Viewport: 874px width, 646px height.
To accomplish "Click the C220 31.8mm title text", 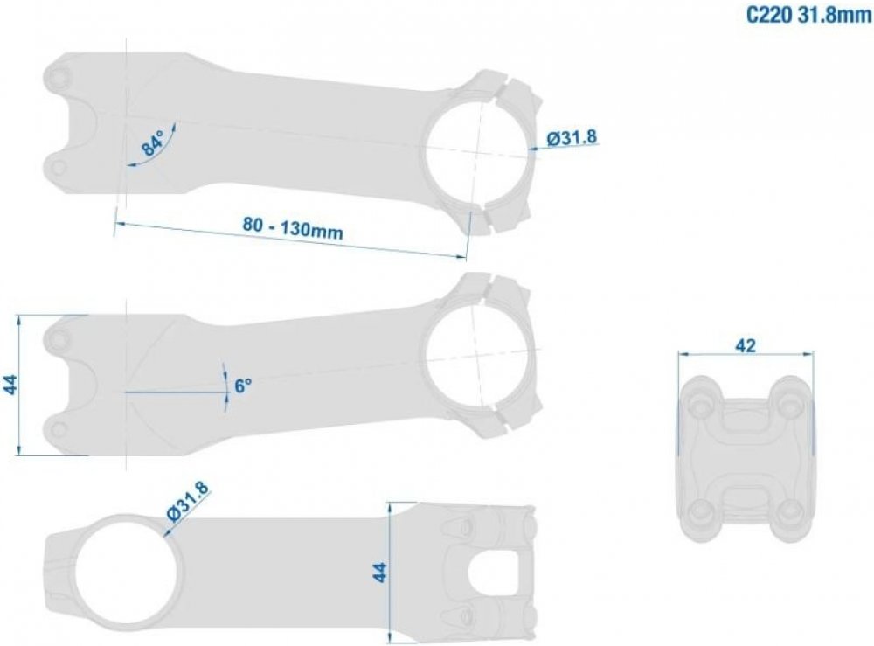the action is [x=808, y=15].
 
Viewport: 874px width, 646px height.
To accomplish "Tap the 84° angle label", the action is [x=152, y=142].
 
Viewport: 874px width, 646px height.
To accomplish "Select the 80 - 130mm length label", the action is [x=293, y=227].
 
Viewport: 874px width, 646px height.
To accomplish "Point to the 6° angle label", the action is [x=243, y=386].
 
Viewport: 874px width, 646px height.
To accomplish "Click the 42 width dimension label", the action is [x=746, y=345].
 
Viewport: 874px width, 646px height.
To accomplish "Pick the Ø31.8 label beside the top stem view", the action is [x=572, y=137].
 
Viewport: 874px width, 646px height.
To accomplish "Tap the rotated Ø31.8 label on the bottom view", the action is [x=187, y=501].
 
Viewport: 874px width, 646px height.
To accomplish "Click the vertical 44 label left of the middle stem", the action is [x=10, y=386].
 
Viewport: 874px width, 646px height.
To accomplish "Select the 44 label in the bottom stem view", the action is [x=379, y=573].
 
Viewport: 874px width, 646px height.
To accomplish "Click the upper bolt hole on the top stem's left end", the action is [x=60, y=76].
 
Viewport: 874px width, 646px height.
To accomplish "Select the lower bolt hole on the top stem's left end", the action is [x=58, y=168].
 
